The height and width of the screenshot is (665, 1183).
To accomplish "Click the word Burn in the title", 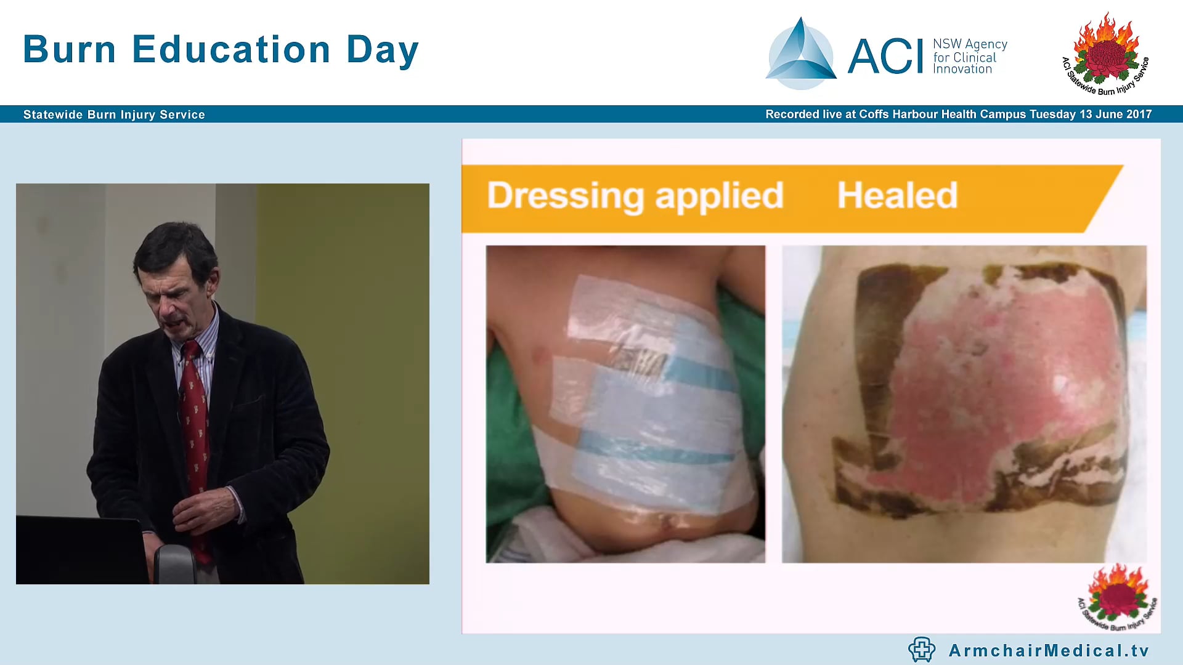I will [69, 49].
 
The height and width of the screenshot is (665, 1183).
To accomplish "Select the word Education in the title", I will [232, 49].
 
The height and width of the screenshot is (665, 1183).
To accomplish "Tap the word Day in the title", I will [382, 50].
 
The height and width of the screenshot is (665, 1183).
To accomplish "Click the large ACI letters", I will [885, 57].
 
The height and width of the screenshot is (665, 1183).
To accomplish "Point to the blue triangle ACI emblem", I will [800, 54].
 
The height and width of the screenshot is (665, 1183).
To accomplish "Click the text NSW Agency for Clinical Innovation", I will [969, 57].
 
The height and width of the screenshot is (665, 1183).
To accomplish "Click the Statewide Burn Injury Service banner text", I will [114, 115].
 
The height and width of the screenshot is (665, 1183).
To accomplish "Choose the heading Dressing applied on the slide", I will [635, 196].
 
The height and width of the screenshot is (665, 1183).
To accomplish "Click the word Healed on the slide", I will [897, 196].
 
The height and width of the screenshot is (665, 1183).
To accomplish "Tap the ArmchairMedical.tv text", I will [1049, 650].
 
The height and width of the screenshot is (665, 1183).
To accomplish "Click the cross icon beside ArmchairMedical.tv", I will [921, 650].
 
